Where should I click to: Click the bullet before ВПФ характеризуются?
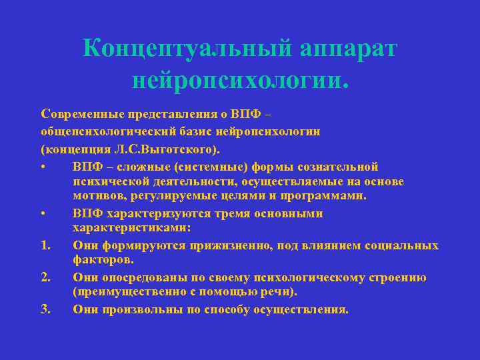pyautogui.click(x=43, y=213)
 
